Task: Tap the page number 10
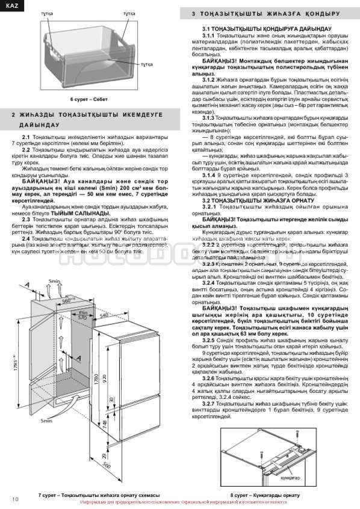pos(16,499)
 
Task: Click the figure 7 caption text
pos(90,494)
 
